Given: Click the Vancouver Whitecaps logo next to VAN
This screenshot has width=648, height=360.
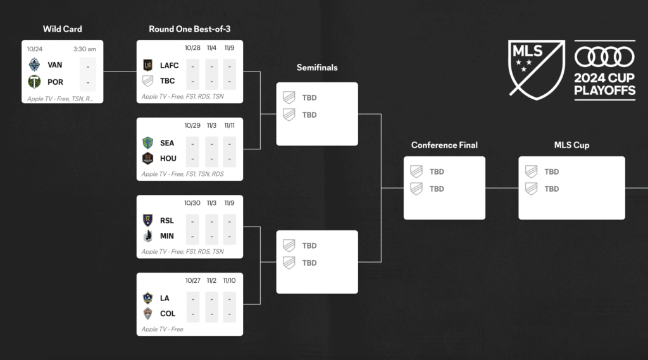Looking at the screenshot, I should [x=34, y=65].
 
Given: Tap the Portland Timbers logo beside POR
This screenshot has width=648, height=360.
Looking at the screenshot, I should [x=34, y=82].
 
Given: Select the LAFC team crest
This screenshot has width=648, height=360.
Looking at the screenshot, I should [x=148, y=65].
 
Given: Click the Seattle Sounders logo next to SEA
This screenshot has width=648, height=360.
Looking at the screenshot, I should [x=148, y=142].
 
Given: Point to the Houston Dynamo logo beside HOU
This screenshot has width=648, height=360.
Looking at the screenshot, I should [x=148, y=158].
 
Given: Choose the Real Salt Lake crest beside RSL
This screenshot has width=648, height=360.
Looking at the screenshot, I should [x=148, y=220].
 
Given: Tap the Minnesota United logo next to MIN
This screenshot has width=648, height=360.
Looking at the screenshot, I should [x=148, y=236].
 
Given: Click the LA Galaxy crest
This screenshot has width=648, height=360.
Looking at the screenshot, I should [x=148, y=297].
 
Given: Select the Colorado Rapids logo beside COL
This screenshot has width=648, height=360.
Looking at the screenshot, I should [x=148, y=313].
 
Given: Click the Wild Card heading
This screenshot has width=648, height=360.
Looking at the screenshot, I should [x=62, y=29].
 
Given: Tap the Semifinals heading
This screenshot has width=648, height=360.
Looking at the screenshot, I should [x=317, y=68].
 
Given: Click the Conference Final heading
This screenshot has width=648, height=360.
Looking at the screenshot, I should [x=444, y=145].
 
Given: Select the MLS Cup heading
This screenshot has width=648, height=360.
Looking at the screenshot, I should [x=571, y=145].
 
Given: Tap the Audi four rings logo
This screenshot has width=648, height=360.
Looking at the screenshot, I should [x=604, y=58].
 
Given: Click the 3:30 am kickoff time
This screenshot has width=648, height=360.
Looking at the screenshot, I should [x=84, y=49].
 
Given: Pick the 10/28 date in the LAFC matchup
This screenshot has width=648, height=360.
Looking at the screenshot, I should [x=192, y=48].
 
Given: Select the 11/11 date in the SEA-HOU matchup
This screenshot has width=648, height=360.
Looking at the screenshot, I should [x=228, y=126].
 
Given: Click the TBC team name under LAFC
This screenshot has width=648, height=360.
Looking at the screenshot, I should [x=168, y=81].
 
